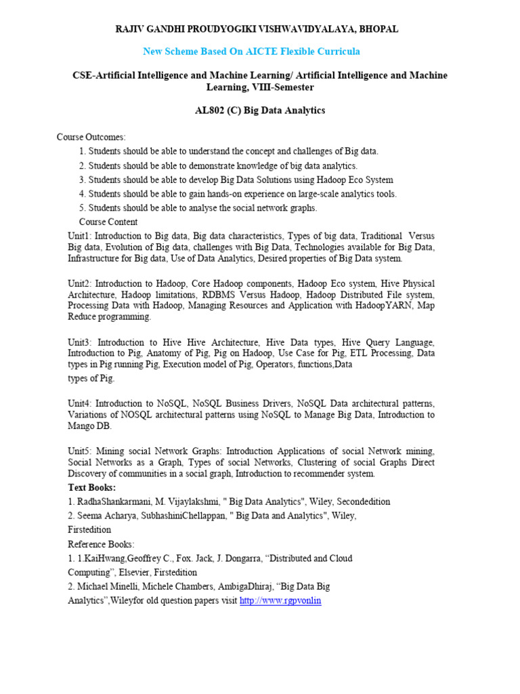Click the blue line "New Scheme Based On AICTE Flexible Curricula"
coord(251,52)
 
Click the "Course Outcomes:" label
coord(91,137)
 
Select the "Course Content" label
coord(108,222)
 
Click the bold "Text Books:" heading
coord(92,487)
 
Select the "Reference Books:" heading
coord(101,544)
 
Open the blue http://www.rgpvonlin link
coord(280,600)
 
